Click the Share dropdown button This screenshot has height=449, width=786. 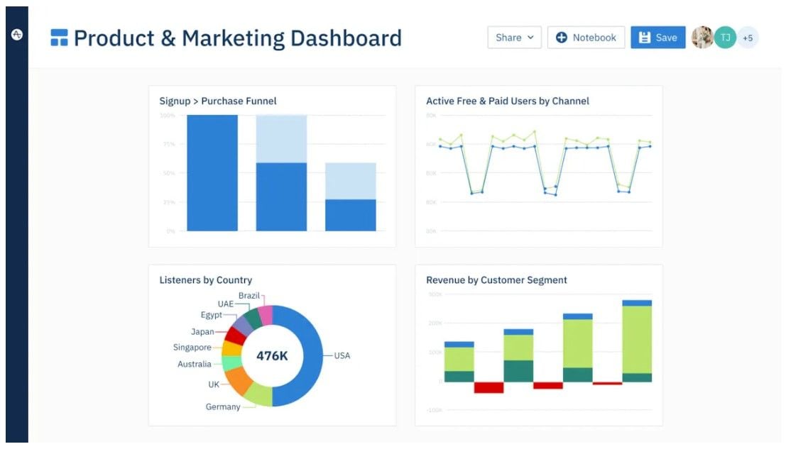(x=514, y=38)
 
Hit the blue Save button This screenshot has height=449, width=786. (x=657, y=38)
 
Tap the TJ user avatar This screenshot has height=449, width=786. (x=725, y=38)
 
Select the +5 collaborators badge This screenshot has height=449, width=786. (x=748, y=38)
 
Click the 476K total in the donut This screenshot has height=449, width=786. (x=272, y=356)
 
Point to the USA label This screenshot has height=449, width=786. (x=342, y=355)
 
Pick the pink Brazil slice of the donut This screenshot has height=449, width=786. (x=266, y=315)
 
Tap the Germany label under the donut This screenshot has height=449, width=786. (x=222, y=407)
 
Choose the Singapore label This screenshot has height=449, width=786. (x=192, y=348)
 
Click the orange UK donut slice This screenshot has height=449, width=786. (x=239, y=380)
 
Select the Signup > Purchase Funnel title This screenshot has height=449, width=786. (x=217, y=101)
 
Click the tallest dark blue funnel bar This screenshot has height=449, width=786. (x=212, y=173)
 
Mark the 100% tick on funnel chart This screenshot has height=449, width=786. (x=168, y=115)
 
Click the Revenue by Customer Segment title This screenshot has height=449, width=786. (x=496, y=280)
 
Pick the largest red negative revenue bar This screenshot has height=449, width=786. (x=488, y=387)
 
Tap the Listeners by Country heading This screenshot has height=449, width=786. (x=205, y=280)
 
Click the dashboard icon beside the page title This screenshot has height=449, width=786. (x=59, y=38)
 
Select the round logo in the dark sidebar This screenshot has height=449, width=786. (x=17, y=34)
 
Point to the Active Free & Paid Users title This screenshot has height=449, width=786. (x=507, y=101)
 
